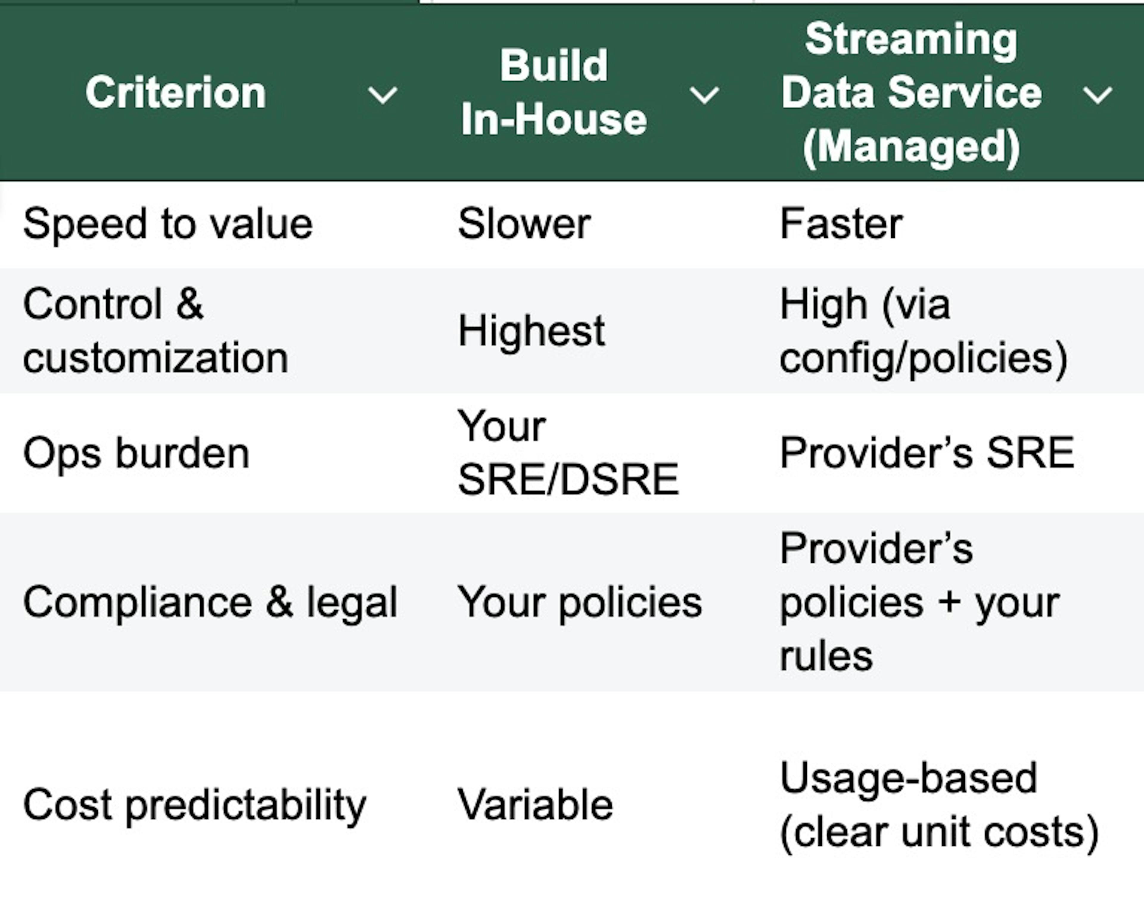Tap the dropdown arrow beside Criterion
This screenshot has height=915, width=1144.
click(x=383, y=95)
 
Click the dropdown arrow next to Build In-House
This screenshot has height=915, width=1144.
click(x=704, y=95)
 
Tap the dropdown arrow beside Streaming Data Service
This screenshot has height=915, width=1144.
click(x=1097, y=95)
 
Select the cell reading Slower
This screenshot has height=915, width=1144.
click(x=524, y=224)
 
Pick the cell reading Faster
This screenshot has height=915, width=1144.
click(x=841, y=224)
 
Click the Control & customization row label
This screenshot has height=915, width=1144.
click(x=156, y=331)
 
